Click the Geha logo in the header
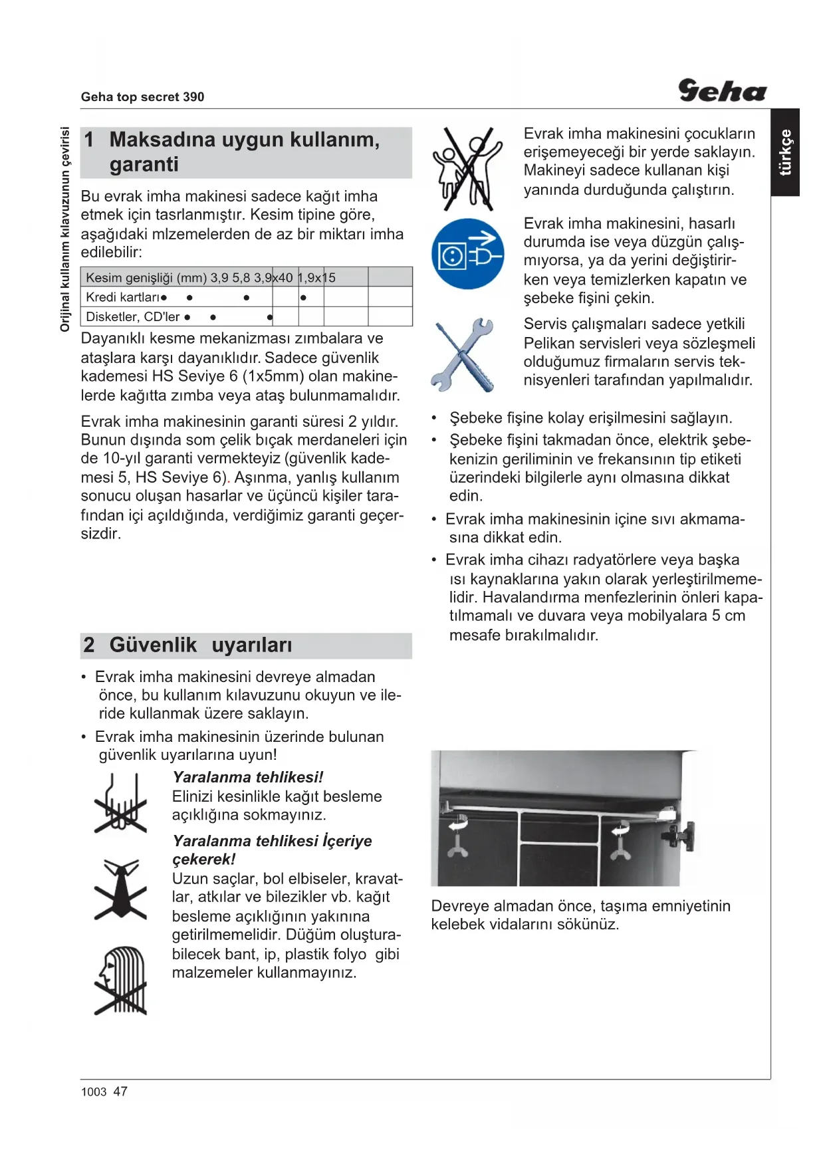722,90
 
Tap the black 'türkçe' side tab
785,152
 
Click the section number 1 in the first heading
89,140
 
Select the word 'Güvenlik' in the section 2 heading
153,645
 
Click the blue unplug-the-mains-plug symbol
467,253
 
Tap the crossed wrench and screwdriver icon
463,356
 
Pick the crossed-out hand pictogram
120,803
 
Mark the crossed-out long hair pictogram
121,981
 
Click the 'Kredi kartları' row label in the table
123,297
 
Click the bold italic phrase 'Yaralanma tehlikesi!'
247,777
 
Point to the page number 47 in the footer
120,1092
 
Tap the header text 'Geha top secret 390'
142,97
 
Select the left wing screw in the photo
457,838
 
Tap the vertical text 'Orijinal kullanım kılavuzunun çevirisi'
64,229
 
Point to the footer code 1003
94,1092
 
